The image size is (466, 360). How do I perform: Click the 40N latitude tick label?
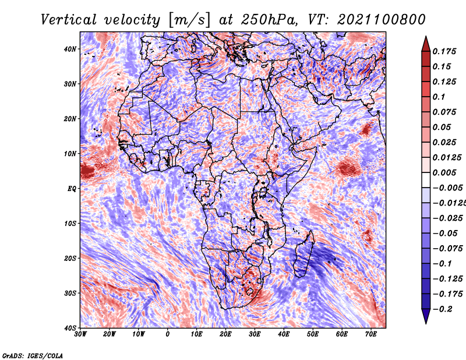click(x=70, y=49)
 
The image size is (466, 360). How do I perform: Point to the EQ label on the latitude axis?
click(x=72, y=189)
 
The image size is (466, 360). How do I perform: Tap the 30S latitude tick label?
click(x=70, y=294)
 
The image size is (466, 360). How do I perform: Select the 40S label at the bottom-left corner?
click(x=70, y=328)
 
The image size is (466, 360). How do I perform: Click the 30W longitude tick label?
click(x=80, y=334)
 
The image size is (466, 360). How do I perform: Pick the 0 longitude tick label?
click(x=168, y=334)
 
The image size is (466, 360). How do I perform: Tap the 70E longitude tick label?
click(x=371, y=334)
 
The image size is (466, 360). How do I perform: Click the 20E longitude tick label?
click(x=225, y=334)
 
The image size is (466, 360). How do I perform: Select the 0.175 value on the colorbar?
click(x=444, y=51)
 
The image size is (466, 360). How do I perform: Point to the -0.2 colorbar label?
click(x=443, y=309)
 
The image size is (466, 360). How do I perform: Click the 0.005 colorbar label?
click(x=444, y=172)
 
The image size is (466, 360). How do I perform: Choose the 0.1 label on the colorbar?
click(x=439, y=97)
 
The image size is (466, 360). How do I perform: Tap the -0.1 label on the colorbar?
click(x=443, y=264)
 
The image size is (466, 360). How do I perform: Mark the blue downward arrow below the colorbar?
click(x=426, y=316)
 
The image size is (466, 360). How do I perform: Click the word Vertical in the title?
click(x=69, y=20)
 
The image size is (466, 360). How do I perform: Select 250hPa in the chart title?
click(x=269, y=20)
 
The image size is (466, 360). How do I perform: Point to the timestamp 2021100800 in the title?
click(x=382, y=20)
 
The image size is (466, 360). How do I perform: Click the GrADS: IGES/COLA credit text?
click(x=33, y=356)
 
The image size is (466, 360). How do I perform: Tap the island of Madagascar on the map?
click(x=303, y=255)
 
